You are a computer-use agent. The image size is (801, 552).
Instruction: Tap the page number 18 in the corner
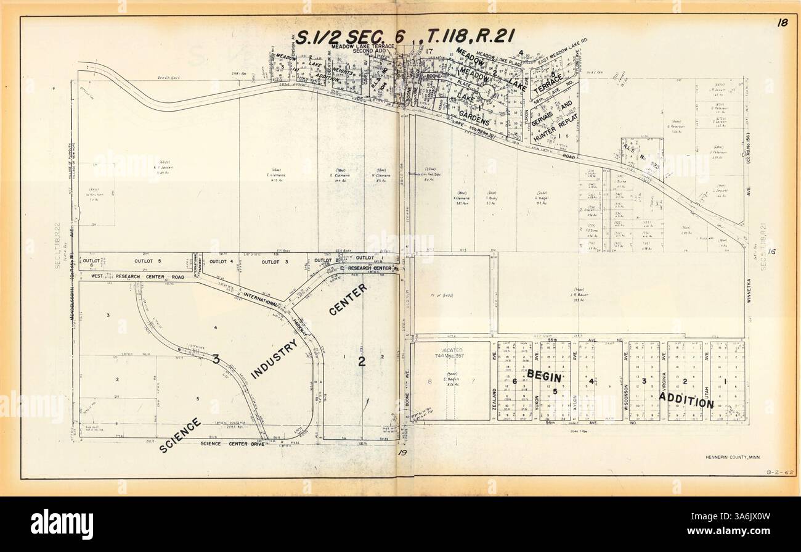pos(782,23)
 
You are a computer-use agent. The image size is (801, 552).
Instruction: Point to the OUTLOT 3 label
pos(275,262)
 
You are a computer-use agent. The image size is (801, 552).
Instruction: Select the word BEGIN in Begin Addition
pos(543,376)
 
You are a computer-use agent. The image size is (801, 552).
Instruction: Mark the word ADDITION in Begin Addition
pos(686,400)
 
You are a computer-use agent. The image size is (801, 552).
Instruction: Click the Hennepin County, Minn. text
pos(735,457)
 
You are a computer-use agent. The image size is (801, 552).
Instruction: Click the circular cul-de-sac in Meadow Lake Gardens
pos(490,94)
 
